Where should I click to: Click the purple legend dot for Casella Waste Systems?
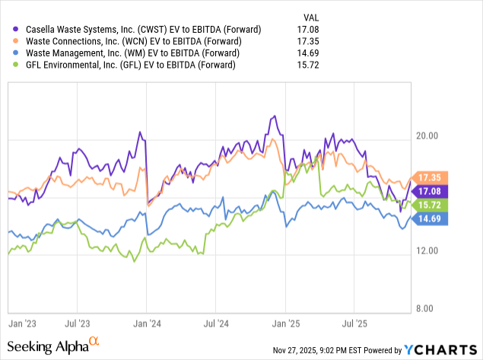pos(11,29)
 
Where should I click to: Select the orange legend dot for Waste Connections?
pos(11,41)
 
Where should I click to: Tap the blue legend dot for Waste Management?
pos(11,53)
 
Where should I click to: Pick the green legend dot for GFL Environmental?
pos(11,65)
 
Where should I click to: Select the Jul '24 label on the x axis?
pos(215,322)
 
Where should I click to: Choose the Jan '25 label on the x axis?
pos(285,322)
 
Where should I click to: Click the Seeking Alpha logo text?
pos(49,347)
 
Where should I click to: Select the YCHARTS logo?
pos(440,350)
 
